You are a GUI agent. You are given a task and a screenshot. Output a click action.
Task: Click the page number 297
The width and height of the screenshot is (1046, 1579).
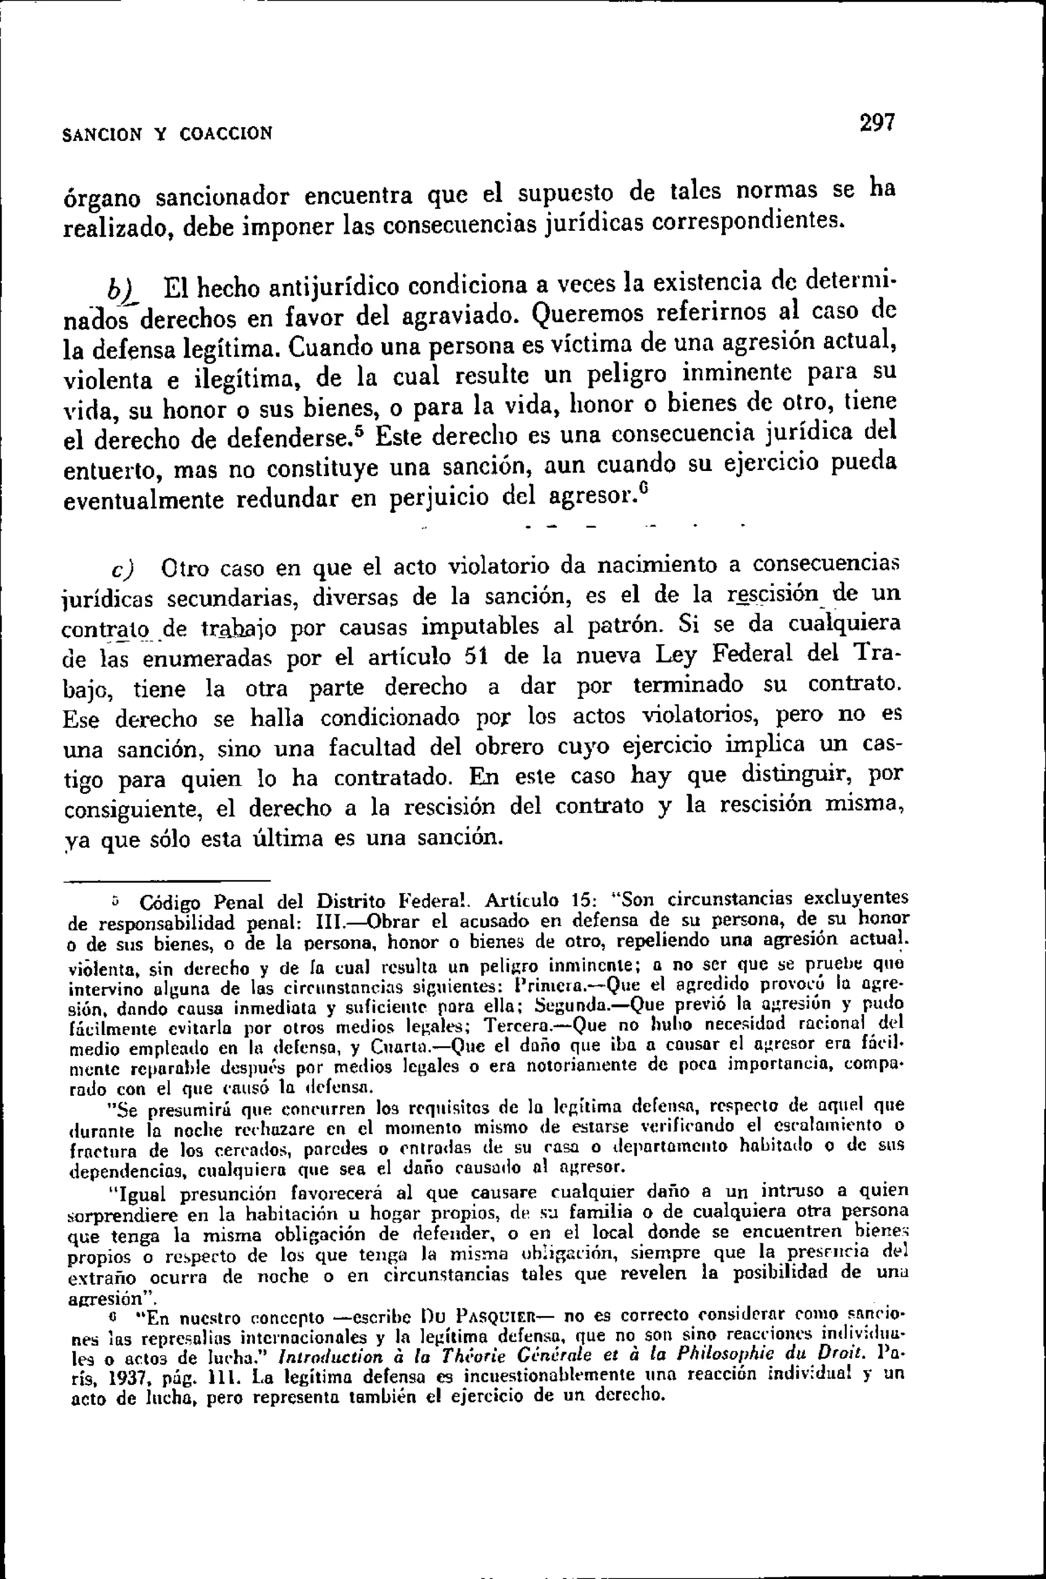click(x=876, y=124)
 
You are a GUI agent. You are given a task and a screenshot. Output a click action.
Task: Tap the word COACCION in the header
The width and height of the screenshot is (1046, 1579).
click(x=226, y=133)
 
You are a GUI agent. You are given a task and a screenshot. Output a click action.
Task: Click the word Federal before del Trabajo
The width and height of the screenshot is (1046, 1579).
click(x=752, y=654)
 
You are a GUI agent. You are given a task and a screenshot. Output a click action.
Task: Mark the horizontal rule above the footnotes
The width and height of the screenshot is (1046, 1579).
click(x=167, y=881)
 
